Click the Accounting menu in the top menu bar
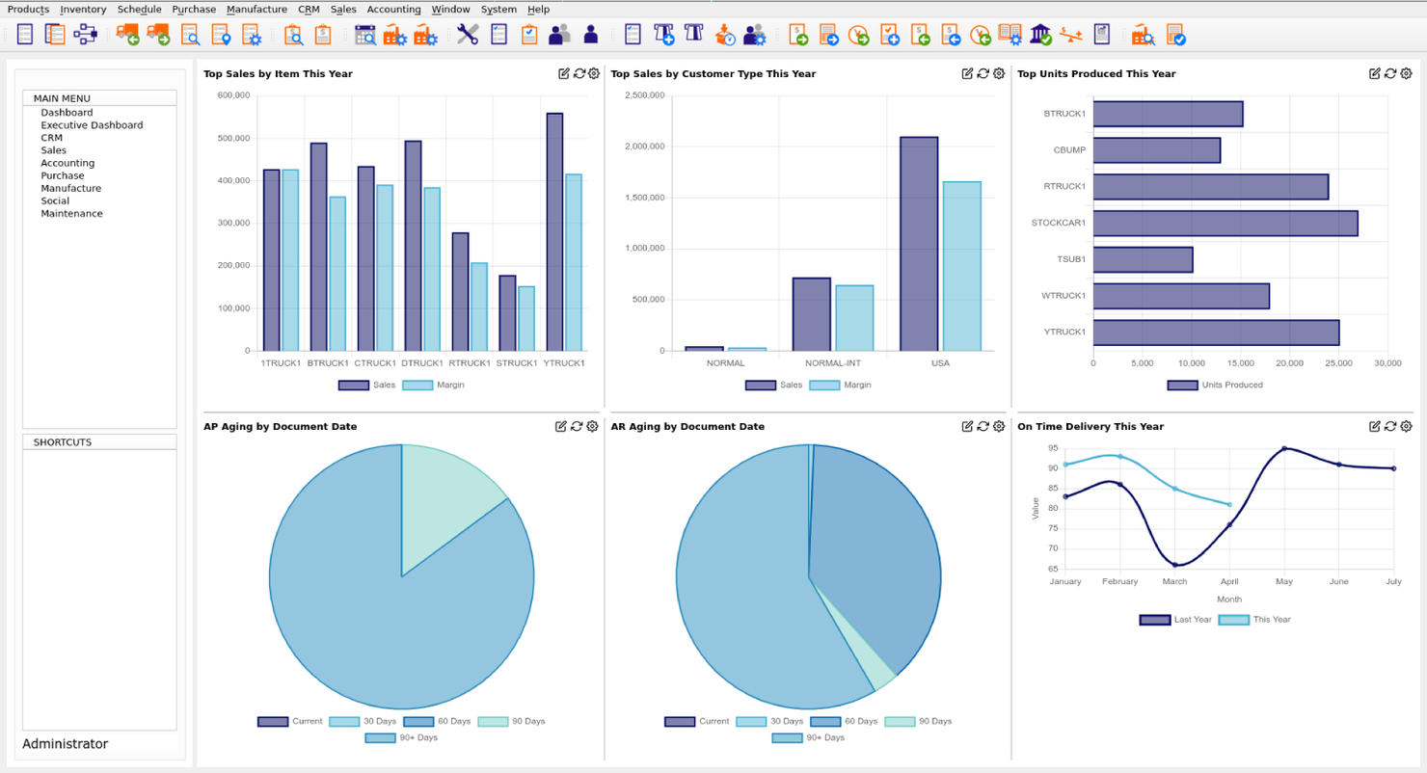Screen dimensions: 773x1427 pyautogui.click(x=393, y=10)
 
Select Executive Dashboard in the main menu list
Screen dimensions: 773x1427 pyautogui.click(x=92, y=125)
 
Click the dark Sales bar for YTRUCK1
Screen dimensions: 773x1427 pyautogui.click(x=554, y=232)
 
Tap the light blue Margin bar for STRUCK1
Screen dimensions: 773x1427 pyautogui.click(x=525, y=318)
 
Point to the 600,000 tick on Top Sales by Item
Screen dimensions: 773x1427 pyautogui.click(x=233, y=95)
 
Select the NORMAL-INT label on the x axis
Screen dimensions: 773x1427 pyautogui.click(x=833, y=363)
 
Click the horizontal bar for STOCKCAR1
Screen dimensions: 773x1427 pyautogui.click(x=1225, y=224)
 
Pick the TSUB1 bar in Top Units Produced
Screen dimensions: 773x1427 pyautogui.click(x=1143, y=260)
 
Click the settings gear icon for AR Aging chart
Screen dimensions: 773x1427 pyautogui.click(x=999, y=427)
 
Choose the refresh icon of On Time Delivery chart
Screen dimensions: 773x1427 pyautogui.click(x=1390, y=427)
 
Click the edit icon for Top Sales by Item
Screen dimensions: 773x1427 pyautogui.click(x=564, y=74)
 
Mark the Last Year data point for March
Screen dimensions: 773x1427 pyautogui.click(x=1174, y=565)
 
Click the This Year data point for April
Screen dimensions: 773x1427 pyautogui.click(x=1229, y=504)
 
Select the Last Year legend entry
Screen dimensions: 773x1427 pyautogui.click(x=1175, y=620)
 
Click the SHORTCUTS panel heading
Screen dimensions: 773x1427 pyautogui.click(x=63, y=442)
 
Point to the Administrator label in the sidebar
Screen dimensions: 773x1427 pyautogui.click(x=66, y=744)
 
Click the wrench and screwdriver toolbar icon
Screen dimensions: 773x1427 pyautogui.click(x=468, y=35)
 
